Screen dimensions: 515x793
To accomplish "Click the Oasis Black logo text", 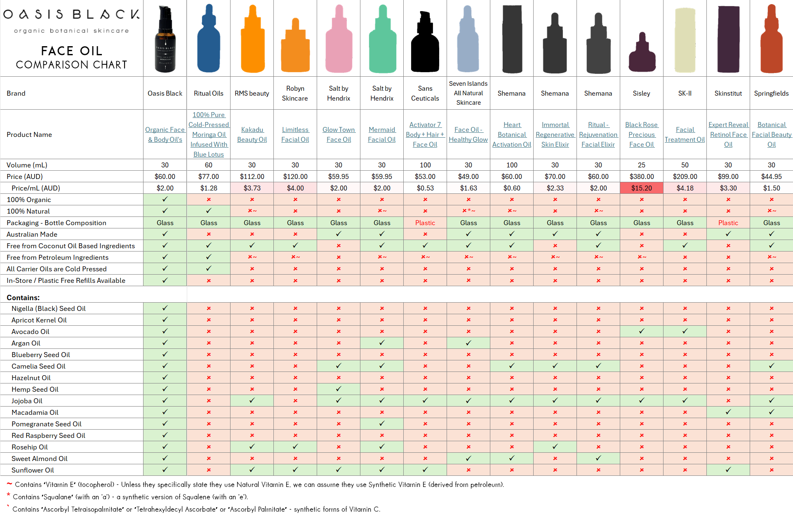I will click(71, 15).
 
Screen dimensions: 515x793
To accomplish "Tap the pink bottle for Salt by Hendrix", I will click(339, 41).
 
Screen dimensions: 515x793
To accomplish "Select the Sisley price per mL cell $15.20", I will click(641, 188).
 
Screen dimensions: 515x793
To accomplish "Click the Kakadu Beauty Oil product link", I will click(252, 134).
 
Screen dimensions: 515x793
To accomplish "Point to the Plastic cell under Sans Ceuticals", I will click(425, 223).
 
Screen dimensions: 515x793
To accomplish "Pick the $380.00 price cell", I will click(641, 176).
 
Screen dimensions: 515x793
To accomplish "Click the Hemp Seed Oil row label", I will click(35, 389).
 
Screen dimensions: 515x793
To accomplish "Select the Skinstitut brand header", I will click(728, 93).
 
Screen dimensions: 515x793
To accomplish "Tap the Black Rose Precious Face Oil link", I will click(641, 134).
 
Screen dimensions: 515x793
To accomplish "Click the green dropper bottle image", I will click(382, 41).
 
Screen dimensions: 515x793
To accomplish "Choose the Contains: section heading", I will click(23, 297).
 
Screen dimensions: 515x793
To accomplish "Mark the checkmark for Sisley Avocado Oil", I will click(641, 331).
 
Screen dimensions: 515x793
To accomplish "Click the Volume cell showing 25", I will click(641, 165).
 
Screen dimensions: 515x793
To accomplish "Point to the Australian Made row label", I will click(32, 234).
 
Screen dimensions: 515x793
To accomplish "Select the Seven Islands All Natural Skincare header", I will click(468, 93).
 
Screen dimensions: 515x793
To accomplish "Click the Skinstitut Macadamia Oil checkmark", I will click(728, 412).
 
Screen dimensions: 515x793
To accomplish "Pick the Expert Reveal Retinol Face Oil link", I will click(728, 134).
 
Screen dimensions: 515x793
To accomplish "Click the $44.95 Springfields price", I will click(771, 176).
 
